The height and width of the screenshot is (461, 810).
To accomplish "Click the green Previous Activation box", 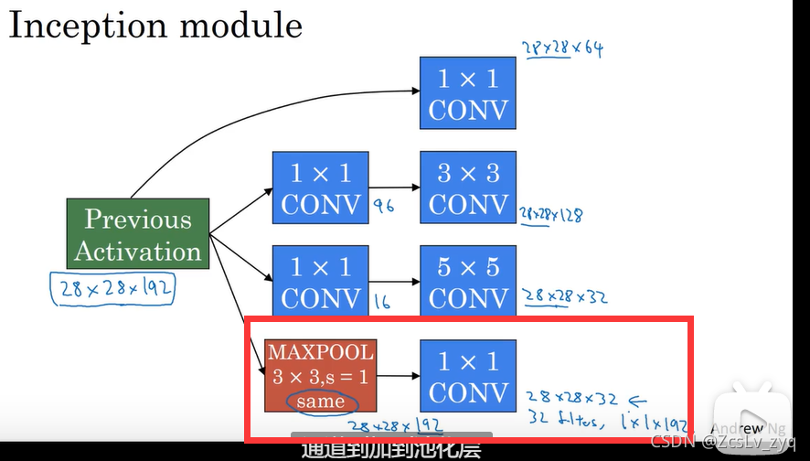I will click(138, 234).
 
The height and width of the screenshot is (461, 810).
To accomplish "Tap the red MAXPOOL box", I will click(320, 375).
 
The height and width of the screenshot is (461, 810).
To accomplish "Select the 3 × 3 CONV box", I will click(468, 188).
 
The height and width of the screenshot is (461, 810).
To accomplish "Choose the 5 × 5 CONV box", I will click(468, 282).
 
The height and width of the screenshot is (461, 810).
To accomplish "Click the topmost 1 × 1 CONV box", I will click(468, 95).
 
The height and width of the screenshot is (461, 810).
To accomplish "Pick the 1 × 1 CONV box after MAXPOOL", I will click(468, 375).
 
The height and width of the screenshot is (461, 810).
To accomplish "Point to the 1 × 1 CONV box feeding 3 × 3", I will click(320, 188).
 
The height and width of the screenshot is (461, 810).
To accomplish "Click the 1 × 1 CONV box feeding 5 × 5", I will click(320, 282).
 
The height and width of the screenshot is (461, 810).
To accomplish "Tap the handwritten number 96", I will click(384, 207).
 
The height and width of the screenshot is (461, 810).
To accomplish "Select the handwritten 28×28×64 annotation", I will click(561, 48).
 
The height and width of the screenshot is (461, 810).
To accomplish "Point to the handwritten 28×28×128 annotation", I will click(551, 216).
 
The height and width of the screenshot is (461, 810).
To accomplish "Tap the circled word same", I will click(321, 401).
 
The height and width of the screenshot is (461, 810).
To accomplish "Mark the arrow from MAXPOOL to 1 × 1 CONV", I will click(397, 375).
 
